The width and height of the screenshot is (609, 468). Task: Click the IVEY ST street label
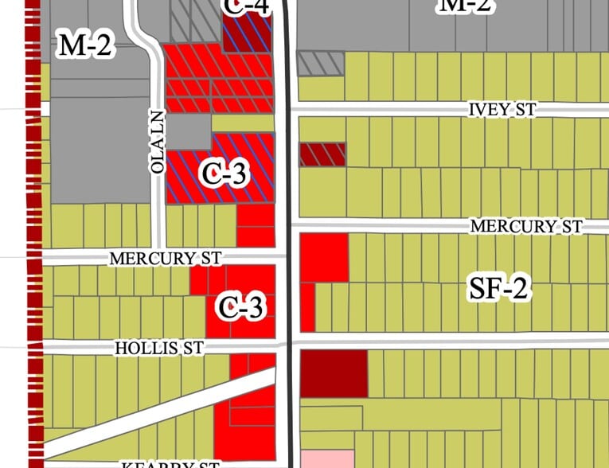[502, 110]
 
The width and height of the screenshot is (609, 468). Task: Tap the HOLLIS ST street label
[159, 348]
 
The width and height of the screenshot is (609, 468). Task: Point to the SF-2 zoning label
[498, 289]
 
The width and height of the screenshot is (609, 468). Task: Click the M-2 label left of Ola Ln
[84, 46]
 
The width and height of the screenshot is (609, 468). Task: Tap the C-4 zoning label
[244, 7]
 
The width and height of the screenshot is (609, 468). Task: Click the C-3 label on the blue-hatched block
[226, 173]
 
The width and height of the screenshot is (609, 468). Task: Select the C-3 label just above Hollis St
[241, 306]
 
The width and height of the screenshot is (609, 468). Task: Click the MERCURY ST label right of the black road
[526, 227]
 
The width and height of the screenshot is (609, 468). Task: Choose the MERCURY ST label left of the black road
[165, 259]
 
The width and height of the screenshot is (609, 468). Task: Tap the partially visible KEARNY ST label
[170, 463]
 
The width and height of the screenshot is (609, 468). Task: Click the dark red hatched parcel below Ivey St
[322, 154]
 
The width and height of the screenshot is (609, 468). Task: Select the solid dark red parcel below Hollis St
[334, 373]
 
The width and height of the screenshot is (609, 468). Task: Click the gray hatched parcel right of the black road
[321, 64]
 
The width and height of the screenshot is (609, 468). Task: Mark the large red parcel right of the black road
[324, 258]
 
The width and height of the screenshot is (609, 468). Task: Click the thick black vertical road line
[287, 239]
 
